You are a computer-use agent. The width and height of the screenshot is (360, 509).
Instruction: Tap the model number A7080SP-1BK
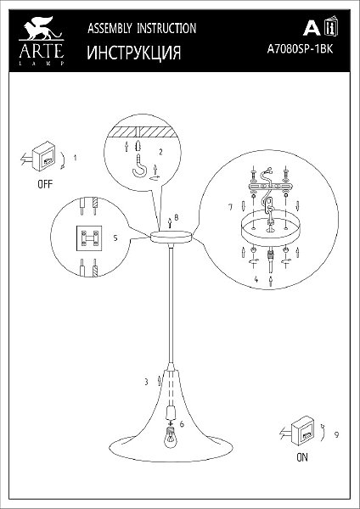point(301,50)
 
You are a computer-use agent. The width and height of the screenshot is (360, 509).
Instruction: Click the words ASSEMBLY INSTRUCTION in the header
point(142,28)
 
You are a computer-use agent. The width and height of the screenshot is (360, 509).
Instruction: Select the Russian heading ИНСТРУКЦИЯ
point(134,53)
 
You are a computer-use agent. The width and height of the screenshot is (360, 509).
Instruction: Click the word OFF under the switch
point(45,185)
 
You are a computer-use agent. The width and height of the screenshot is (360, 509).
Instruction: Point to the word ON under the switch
point(302,457)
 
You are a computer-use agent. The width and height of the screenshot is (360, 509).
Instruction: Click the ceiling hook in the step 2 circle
point(140,167)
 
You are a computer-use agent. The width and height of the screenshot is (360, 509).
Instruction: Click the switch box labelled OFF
point(43,156)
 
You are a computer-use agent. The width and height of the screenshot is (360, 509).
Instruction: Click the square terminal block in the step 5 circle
point(88,238)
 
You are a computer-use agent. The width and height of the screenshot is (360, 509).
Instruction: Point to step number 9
point(336,434)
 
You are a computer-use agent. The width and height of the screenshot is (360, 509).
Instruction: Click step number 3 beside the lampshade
point(146,382)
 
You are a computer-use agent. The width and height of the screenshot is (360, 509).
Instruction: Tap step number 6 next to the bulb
point(182,424)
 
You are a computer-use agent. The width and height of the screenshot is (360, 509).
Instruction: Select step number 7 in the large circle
point(230,207)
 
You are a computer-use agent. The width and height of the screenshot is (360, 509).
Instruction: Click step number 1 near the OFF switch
point(75,158)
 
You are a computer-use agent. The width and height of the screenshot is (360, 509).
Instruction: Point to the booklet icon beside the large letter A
point(331,25)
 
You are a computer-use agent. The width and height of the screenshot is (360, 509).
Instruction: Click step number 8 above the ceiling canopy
point(176,217)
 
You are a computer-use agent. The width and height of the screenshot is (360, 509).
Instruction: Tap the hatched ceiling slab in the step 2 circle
point(143,131)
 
